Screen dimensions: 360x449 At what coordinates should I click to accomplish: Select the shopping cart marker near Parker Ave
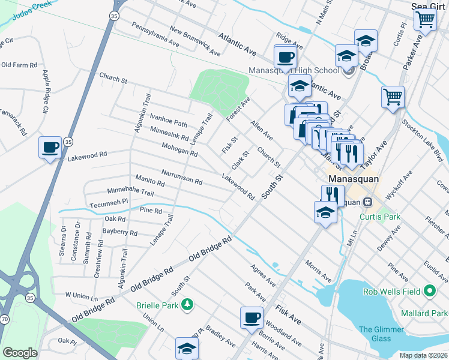click(x=393, y=96)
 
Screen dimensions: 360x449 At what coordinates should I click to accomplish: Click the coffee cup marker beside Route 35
click(x=50, y=147)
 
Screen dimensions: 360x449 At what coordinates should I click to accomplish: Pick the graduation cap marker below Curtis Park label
click(x=325, y=212)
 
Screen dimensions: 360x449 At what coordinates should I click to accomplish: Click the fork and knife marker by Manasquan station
click(x=331, y=194)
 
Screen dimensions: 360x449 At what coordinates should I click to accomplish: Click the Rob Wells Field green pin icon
click(x=429, y=292)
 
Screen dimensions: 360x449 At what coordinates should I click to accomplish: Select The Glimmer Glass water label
click(x=375, y=334)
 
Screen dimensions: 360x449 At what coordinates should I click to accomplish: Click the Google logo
click(x=20, y=353)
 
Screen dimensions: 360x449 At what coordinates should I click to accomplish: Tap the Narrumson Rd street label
click(x=181, y=176)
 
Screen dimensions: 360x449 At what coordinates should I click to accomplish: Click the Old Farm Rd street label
click(x=19, y=64)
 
